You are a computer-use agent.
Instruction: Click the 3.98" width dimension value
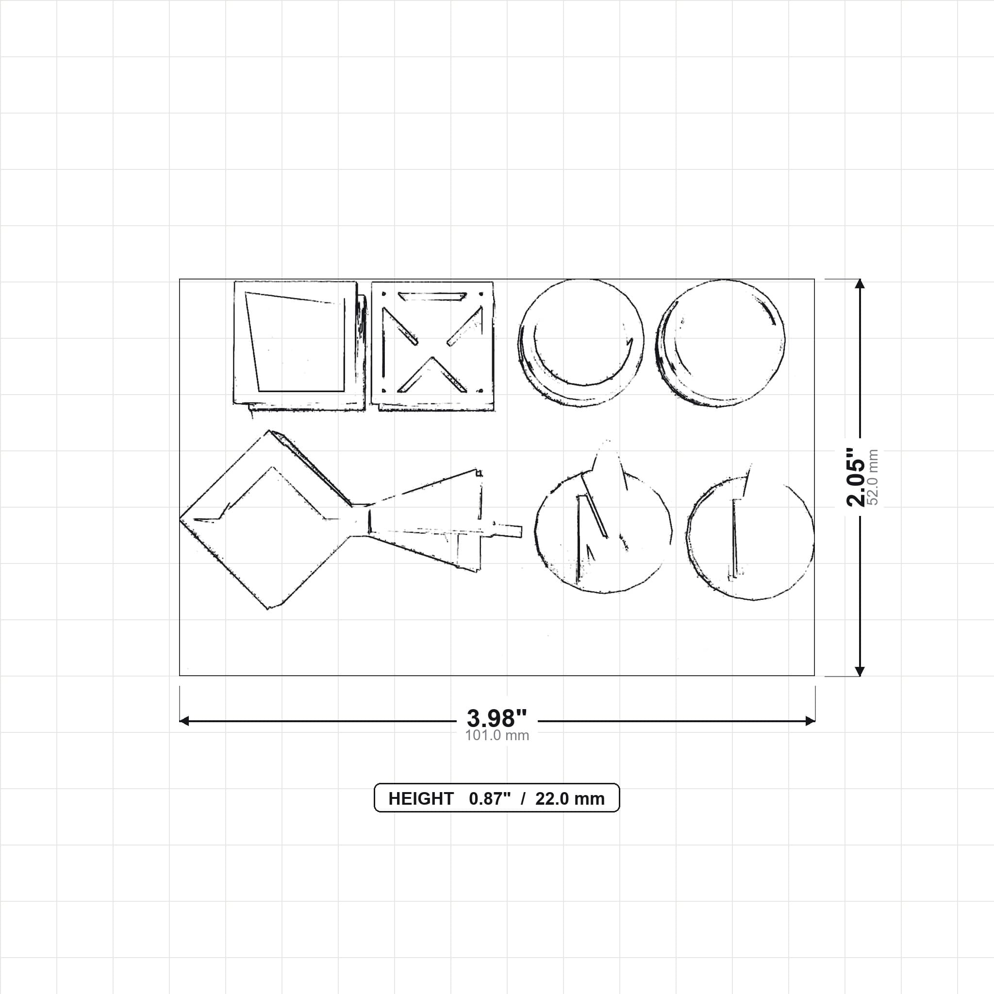[497, 718]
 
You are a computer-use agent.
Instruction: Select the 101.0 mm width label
[497, 735]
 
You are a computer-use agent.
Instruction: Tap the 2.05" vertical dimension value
[856, 477]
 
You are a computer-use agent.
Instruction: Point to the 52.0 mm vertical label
[873, 477]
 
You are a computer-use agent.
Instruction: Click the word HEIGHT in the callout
[421, 798]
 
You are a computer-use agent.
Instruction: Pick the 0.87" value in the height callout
[490, 798]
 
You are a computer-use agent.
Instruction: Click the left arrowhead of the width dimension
[184, 721]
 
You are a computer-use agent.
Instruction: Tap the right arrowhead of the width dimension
[810, 721]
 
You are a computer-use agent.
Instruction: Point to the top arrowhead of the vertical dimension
[859, 284]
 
